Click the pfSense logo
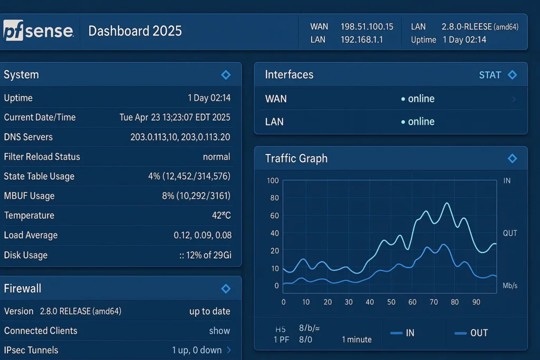[38, 31]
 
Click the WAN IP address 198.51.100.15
[367, 26]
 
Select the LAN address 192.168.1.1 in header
[362, 40]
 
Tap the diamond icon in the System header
[226, 75]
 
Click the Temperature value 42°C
[221, 216]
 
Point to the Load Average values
[202, 235]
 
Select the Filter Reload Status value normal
[216, 157]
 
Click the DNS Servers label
[28, 137]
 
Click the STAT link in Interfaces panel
[489, 75]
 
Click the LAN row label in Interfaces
[274, 122]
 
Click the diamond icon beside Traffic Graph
[512, 158]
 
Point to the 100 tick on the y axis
[273, 181]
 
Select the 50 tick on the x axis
[391, 302]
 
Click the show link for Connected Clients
[219, 331]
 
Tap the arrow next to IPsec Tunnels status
[229, 350]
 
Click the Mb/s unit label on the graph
[510, 286]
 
